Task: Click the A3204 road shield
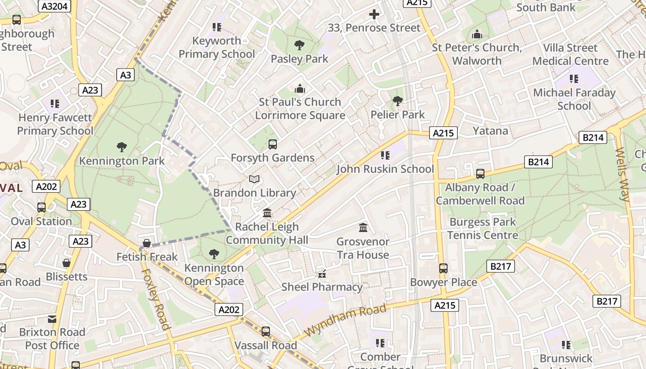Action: (55, 6)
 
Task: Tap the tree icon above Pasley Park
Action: (299, 45)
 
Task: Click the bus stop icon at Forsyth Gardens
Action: (273, 144)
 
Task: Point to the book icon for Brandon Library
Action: (254, 179)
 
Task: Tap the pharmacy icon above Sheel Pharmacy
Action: (322, 274)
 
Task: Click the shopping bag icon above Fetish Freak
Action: (147, 243)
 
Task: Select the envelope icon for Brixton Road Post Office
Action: (52, 319)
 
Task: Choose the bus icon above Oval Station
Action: (42, 208)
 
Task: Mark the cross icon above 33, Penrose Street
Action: (374, 14)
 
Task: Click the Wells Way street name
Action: (622, 174)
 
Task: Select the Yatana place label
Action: (490, 131)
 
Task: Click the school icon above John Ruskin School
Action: (385, 155)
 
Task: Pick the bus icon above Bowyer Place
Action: (443, 268)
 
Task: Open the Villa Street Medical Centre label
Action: (570, 54)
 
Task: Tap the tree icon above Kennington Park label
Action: (122, 147)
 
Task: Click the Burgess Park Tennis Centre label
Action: (483, 229)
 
